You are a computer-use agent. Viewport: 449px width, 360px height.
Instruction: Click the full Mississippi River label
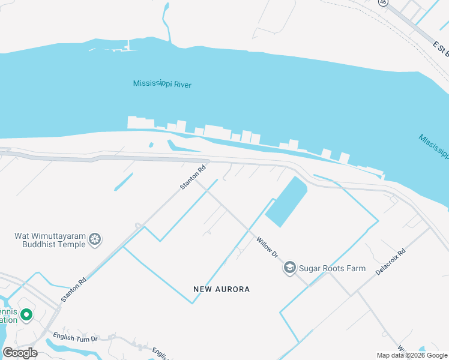click(x=162, y=84)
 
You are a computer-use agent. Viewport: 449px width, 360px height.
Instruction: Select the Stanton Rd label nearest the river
click(x=193, y=178)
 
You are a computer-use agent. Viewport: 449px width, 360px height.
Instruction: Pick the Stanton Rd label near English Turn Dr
click(x=74, y=289)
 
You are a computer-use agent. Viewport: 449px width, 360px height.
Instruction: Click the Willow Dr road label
click(x=268, y=247)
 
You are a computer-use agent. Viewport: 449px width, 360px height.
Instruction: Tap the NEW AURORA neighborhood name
click(x=221, y=289)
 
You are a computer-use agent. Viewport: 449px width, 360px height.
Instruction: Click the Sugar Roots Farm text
click(x=332, y=268)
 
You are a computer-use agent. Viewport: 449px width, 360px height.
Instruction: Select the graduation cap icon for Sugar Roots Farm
click(x=290, y=268)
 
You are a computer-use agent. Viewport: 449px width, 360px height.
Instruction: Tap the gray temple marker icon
click(x=95, y=240)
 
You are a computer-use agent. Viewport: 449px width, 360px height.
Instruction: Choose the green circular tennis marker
click(x=26, y=315)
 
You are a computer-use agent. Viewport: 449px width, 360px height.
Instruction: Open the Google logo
click(x=20, y=353)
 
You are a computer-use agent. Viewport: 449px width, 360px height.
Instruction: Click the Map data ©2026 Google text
click(x=412, y=355)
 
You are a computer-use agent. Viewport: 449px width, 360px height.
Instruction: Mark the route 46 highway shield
click(x=382, y=2)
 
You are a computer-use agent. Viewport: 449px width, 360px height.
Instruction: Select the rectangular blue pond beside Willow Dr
click(x=286, y=202)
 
